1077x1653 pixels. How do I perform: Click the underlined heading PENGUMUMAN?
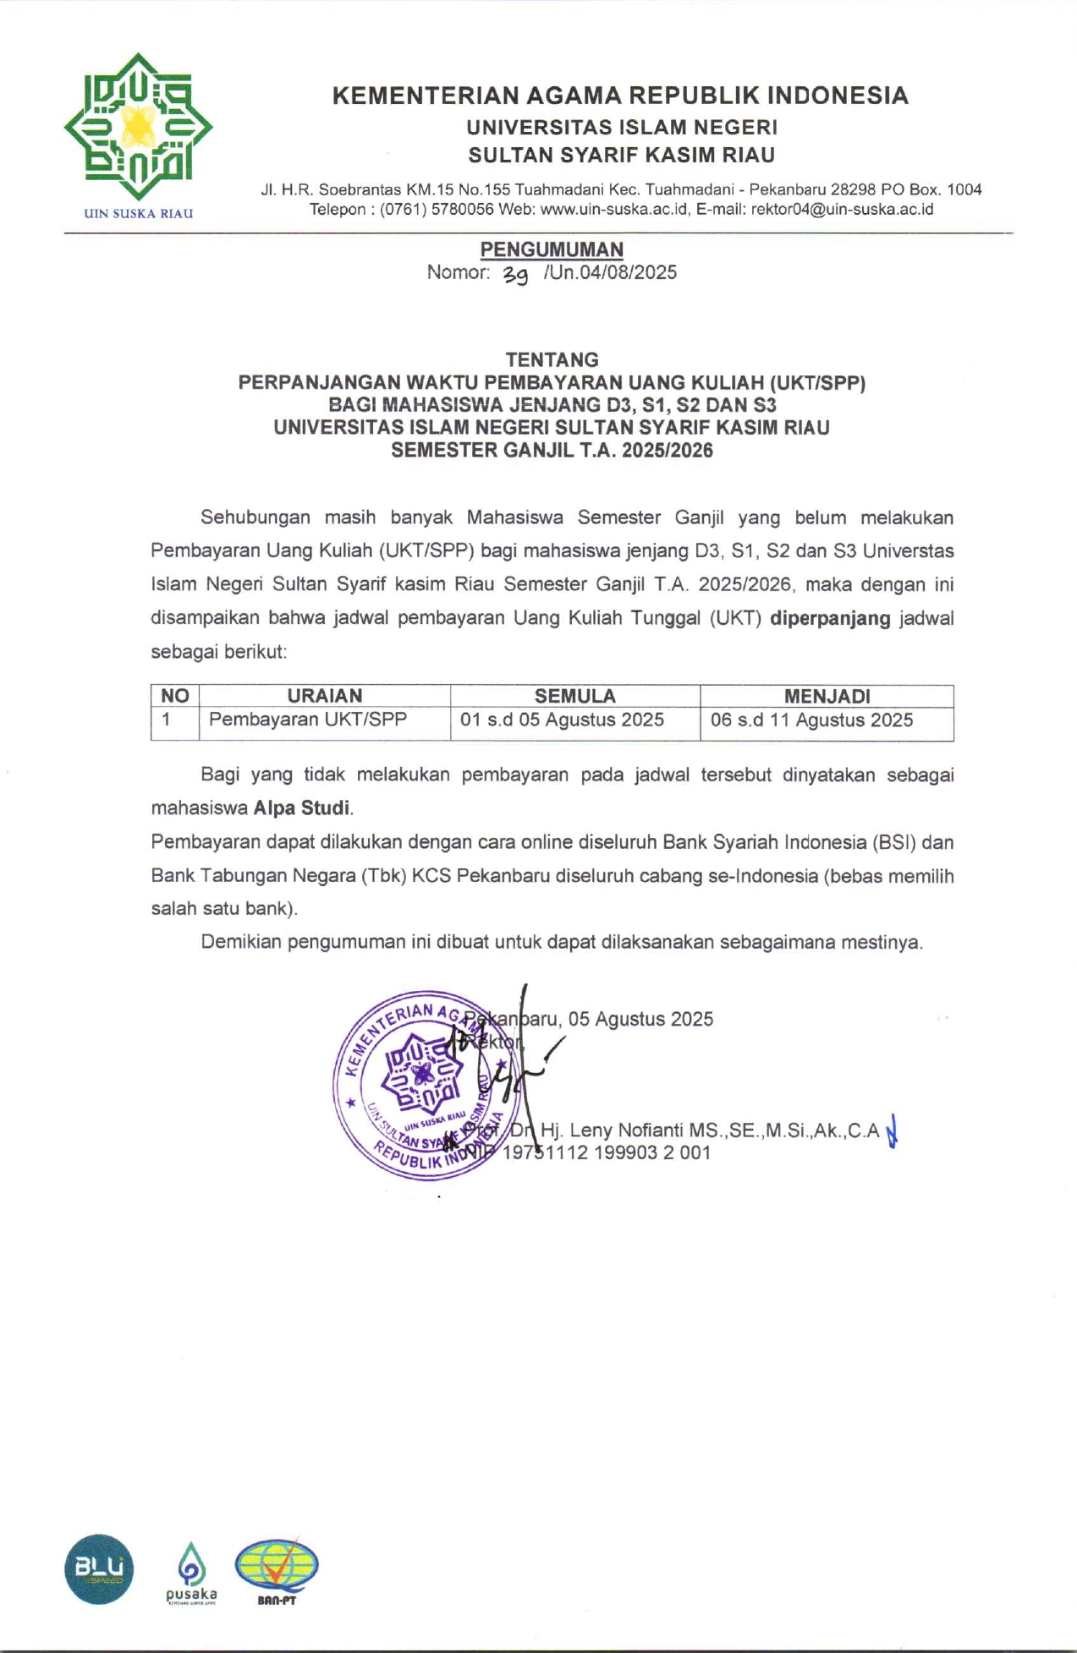(x=552, y=249)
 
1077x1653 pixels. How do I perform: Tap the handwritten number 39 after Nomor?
(x=515, y=275)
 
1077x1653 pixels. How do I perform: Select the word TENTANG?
(x=552, y=359)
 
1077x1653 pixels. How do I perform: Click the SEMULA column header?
(x=574, y=696)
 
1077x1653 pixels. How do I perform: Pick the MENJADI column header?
(x=827, y=696)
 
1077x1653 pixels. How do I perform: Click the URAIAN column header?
(x=324, y=696)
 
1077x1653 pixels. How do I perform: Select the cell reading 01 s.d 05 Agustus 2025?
(x=562, y=720)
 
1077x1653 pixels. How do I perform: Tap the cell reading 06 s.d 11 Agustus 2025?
(x=811, y=720)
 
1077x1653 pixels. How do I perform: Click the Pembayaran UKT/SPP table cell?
(x=308, y=720)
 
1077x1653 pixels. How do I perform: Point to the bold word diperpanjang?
(x=830, y=618)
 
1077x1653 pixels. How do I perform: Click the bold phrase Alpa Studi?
(x=301, y=807)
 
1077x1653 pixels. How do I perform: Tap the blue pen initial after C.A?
(x=892, y=1131)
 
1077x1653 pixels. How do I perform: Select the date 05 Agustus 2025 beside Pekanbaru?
(x=640, y=1019)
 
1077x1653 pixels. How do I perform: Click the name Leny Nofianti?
(x=627, y=1130)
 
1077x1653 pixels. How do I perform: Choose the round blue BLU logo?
(x=99, y=1568)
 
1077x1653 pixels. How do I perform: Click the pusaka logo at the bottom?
(x=191, y=1573)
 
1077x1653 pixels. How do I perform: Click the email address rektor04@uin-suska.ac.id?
(x=842, y=209)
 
